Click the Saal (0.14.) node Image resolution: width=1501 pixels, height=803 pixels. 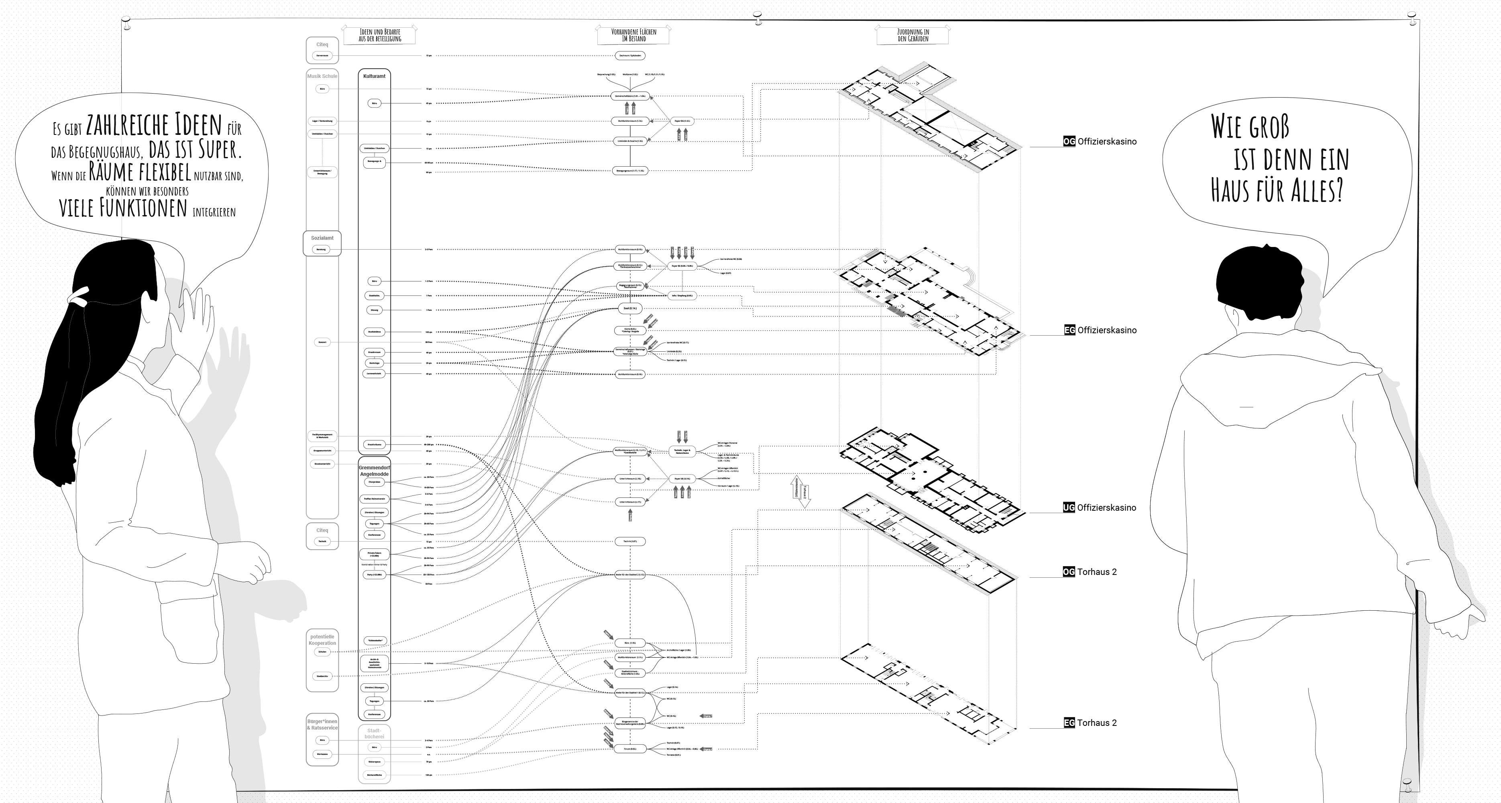point(630,308)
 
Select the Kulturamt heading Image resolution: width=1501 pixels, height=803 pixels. point(374,76)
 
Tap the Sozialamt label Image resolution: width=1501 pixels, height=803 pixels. point(322,238)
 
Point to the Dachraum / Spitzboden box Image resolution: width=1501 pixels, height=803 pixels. point(630,56)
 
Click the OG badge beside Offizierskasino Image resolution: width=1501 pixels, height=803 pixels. point(1069,142)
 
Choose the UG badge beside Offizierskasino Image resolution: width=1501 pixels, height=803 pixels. point(1068,507)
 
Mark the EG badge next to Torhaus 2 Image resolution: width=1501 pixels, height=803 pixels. point(1069,723)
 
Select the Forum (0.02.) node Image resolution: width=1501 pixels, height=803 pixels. point(630,749)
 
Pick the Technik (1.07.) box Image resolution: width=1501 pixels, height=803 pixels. point(630,541)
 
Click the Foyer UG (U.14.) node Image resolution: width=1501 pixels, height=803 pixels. point(682,479)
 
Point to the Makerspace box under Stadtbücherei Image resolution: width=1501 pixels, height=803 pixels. point(375,762)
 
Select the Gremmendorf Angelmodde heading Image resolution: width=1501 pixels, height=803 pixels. point(374,471)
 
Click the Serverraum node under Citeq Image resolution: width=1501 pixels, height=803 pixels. point(322,56)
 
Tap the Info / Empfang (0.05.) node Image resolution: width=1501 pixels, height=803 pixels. point(682,296)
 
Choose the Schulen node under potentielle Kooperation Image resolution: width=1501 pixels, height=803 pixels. point(322,652)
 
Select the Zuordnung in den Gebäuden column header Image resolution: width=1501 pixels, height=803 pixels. point(912,36)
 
